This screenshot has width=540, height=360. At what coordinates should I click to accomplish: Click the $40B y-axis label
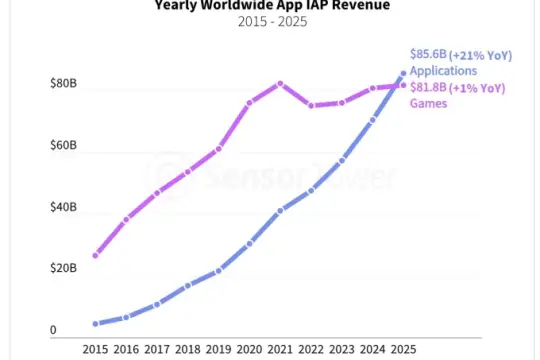63,208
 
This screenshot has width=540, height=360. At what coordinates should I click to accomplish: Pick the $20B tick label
63,269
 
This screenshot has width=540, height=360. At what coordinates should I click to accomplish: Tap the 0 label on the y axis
54,331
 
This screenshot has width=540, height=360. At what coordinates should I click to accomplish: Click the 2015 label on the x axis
95,350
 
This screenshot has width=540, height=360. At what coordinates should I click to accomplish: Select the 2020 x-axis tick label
249,350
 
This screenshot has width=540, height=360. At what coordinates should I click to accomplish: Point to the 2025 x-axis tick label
403,350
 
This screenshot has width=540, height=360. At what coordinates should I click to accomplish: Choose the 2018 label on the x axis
187,350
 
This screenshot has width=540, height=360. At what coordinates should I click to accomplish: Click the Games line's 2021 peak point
280,83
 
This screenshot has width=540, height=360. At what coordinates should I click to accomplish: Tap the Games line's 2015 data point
95,255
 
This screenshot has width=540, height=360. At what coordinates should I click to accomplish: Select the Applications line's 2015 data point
95,324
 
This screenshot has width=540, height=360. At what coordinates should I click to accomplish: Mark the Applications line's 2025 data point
404,73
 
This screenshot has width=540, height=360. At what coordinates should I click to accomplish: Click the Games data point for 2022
311,105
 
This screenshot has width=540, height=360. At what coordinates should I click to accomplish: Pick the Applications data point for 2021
280,210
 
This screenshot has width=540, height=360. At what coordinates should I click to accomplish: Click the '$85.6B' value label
428,54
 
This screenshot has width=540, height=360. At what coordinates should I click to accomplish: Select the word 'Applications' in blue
443,70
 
